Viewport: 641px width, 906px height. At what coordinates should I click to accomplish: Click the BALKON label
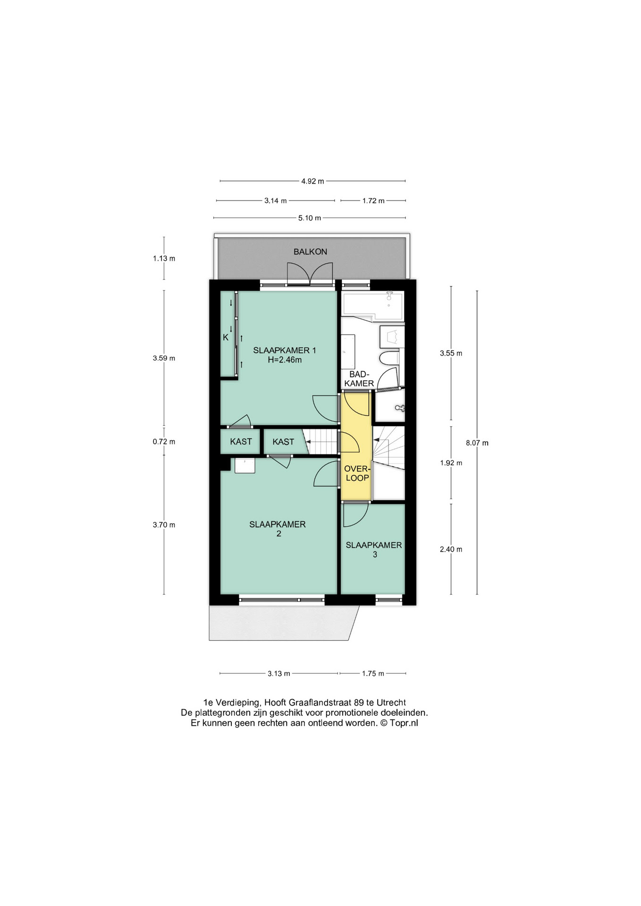point(310,252)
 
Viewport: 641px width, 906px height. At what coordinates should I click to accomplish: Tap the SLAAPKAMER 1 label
point(285,350)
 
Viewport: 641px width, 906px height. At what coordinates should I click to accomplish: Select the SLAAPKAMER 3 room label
point(374,550)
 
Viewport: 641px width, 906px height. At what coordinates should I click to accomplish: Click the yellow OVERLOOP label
point(357,473)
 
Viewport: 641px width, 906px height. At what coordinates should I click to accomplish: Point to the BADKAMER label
point(359,379)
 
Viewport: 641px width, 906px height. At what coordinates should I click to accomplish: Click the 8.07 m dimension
point(477,443)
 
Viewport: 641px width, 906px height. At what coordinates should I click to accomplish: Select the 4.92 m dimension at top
point(312,181)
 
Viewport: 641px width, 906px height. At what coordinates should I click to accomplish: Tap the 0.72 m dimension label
point(164,442)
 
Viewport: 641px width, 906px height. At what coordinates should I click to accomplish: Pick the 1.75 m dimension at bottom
point(373,673)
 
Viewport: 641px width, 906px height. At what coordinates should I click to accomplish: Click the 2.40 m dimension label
point(451,549)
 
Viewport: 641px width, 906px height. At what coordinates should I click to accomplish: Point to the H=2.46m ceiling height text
point(285,360)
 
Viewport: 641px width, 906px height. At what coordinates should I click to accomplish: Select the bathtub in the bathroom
point(373,305)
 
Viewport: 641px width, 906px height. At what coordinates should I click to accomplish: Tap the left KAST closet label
point(241,442)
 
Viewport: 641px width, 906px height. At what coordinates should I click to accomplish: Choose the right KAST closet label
point(283,442)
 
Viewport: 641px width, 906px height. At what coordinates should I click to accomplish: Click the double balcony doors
point(309,274)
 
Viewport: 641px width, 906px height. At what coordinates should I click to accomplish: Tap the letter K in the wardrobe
point(226,337)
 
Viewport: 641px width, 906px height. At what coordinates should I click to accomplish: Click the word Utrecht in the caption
point(391,703)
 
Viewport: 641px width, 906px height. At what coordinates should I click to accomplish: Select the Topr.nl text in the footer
point(404,723)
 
